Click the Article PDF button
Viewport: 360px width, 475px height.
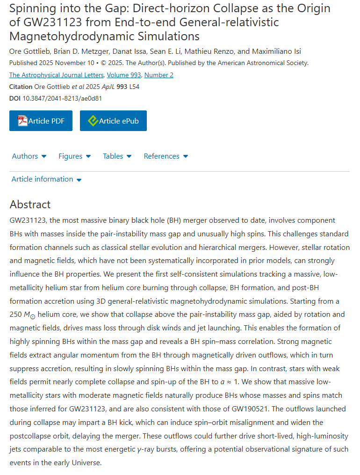[41, 121]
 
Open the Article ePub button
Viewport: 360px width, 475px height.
[113, 121]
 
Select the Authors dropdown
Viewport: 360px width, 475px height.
[29, 156]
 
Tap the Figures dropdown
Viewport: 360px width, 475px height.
[74, 156]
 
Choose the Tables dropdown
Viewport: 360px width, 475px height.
[117, 156]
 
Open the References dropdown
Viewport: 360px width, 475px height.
[166, 156]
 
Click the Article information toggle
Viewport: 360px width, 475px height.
[46, 179]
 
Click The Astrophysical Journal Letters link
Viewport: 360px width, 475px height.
[56, 75]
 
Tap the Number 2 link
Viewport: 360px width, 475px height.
[159, 75]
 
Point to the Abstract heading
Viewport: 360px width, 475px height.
[30, 205]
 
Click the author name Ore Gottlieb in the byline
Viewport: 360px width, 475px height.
[29, 51]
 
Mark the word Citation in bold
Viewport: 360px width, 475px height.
[21, 87]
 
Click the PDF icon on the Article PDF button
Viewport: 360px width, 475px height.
[22, 121]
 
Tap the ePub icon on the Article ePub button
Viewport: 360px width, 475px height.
[93, 121]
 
